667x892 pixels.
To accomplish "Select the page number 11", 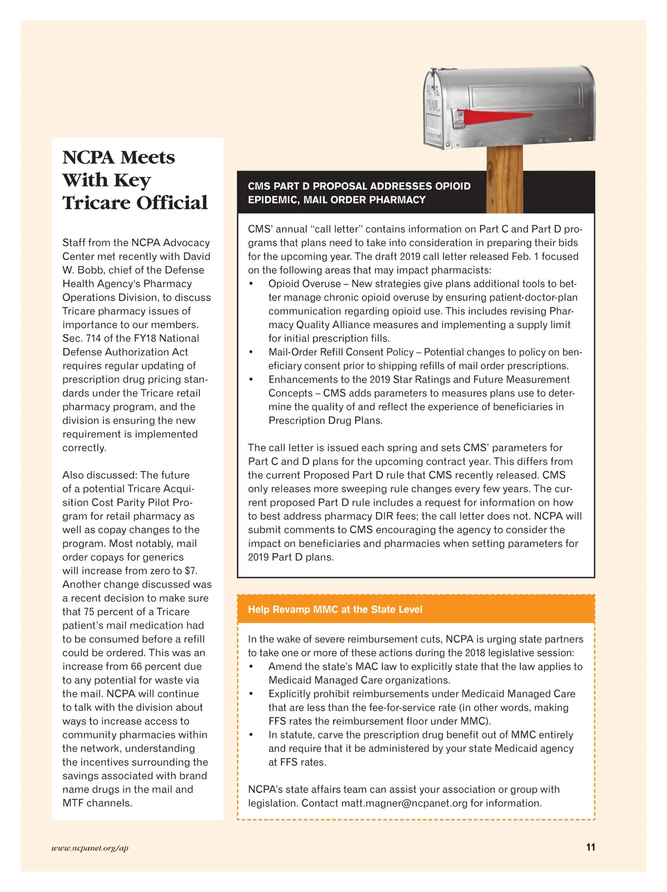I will click(x=590, y=847).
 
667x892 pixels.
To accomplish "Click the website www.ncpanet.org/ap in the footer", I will click(x=89, y=848).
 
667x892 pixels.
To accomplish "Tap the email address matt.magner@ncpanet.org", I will click(x=404, y=803).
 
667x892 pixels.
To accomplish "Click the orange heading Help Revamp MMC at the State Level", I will click(x=335, y=609).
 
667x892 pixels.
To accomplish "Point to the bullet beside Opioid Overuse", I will click(x=251, y=284).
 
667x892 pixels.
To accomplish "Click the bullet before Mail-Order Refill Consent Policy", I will click(x=251, y=352).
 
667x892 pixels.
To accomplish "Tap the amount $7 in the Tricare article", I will click(x=191, y=571).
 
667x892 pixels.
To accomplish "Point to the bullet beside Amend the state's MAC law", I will click(x=251, y=667).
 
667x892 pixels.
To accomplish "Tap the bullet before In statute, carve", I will click(x=251, y=735).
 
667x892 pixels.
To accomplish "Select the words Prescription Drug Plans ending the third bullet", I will click(x=325, y=420).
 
